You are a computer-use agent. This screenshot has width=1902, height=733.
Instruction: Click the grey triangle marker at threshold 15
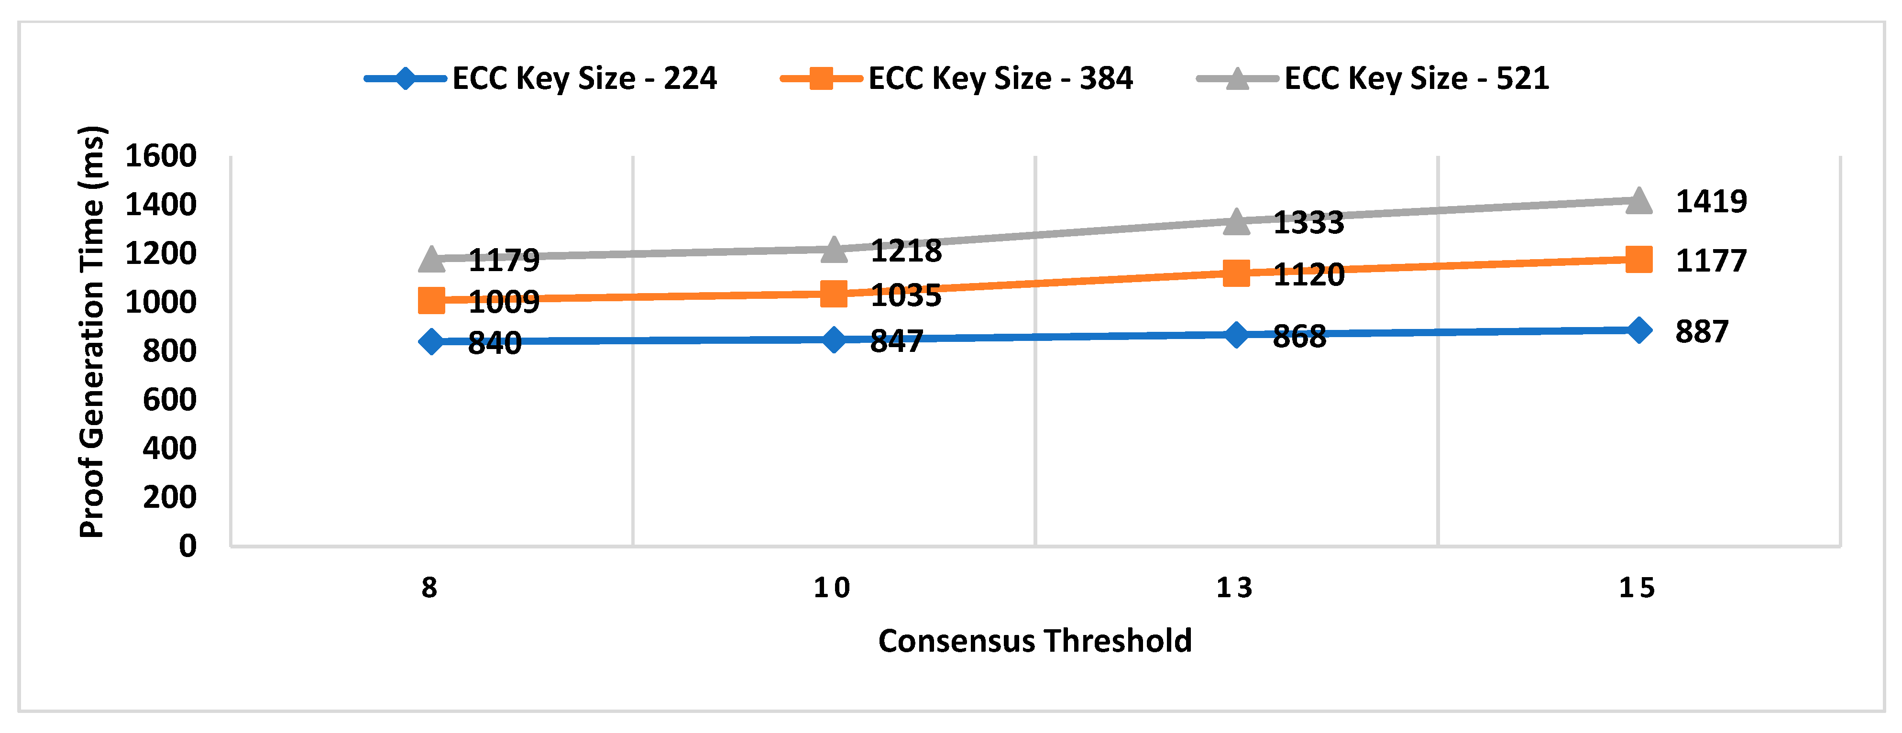[1638, 200]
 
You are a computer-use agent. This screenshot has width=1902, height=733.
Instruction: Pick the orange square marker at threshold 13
[1236, 273]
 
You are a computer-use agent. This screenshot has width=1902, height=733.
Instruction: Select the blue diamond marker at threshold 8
[431, 341]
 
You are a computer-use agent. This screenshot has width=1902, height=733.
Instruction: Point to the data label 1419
[1711, 201]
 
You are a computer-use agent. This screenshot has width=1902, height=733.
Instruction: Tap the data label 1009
[504, 302]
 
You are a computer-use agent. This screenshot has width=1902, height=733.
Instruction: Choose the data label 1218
[906, 252]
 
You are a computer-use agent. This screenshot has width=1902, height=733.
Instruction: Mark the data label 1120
[1308, 274]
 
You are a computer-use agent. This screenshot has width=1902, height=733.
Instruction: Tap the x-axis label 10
[832, 588]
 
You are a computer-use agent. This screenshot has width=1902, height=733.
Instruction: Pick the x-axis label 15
[1637, 588]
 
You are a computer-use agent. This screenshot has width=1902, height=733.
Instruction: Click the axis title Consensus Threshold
[1034, 641]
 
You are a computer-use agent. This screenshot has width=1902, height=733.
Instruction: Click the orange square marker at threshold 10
[834, 294]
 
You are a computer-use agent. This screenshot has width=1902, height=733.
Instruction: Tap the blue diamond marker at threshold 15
[1638, 330]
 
